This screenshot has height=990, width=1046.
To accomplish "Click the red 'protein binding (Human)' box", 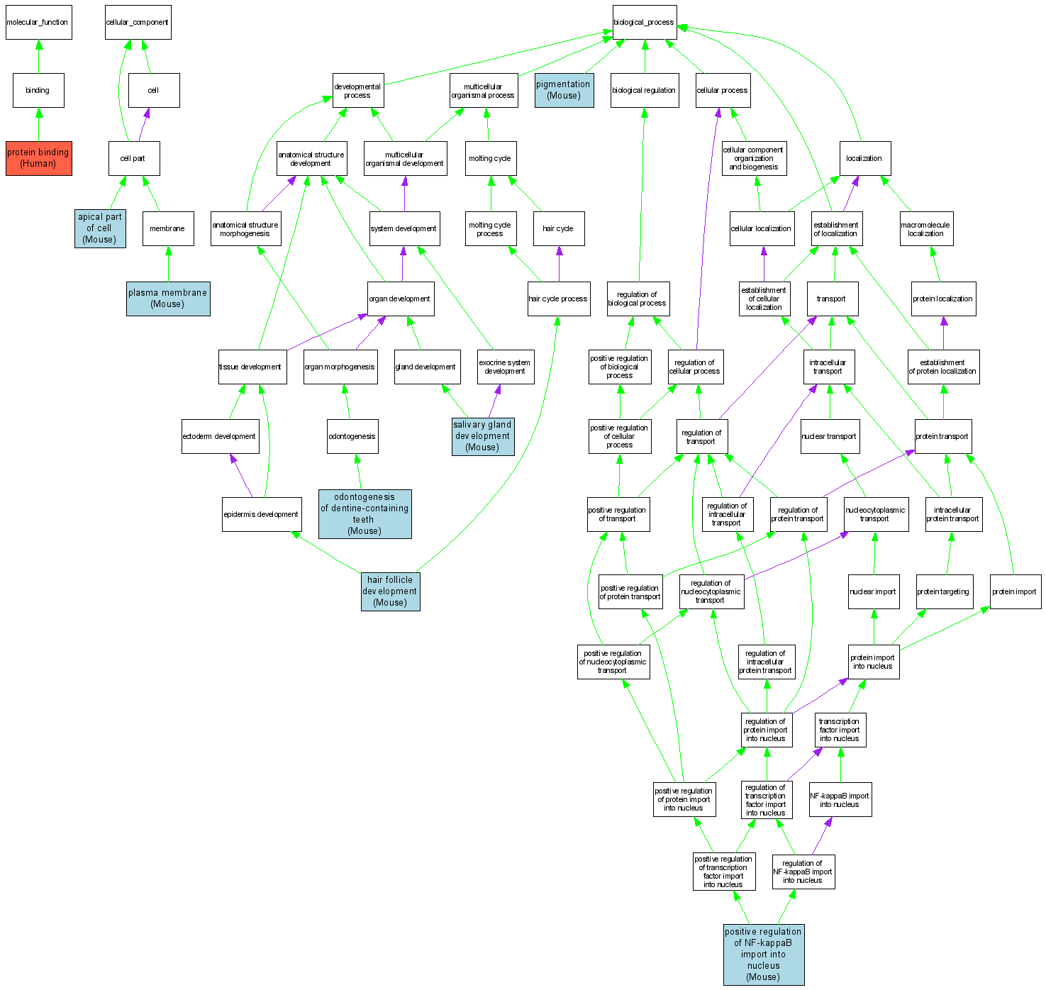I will tap(38, 158).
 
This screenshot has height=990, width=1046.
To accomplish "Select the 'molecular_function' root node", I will tap(38, 23).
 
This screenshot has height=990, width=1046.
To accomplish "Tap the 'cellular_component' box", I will tap(138, 23).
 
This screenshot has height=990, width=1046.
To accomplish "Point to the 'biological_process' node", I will tap(644, 23).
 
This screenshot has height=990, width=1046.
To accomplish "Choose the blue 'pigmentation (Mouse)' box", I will tap(564, 90).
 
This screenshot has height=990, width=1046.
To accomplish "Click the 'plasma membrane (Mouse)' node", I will tap(168, 299).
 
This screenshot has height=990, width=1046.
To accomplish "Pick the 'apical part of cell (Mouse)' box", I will tap(100, 228).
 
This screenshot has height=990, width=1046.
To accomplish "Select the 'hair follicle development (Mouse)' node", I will tap(390, 591).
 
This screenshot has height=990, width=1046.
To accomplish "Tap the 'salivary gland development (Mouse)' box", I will tap(483, 436).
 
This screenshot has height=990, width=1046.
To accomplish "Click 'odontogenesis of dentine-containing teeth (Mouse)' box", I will tap(365, 514).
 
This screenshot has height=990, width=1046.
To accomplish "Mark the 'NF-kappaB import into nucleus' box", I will tap(840, 800).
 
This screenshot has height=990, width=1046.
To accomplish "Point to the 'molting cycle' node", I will tap(490, 159).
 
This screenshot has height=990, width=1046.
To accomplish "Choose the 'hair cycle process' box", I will tap(558, 299).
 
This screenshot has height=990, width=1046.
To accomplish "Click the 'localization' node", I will tap(864, 159).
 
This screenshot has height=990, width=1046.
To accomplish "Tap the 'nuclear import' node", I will tap(873, 591).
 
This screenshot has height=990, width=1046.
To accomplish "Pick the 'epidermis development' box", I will tap(261, 514).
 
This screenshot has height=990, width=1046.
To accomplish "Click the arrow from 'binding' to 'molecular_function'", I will tap(38, 57).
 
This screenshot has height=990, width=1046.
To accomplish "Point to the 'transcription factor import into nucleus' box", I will tap(840, 730).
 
